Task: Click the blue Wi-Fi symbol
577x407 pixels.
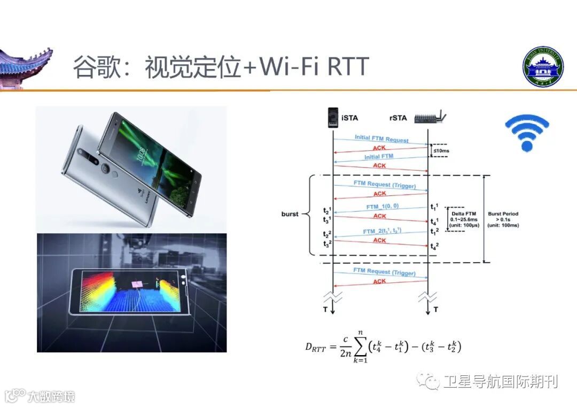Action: (527, 132)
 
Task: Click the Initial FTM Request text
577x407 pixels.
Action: (381, 139)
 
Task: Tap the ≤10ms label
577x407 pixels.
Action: (441, 151)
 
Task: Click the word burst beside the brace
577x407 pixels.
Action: (290, 214)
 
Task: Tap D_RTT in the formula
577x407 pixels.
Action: (315, 347)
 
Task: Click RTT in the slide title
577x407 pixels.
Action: (347, 67)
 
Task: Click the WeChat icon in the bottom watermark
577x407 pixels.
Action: (430, 381)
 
